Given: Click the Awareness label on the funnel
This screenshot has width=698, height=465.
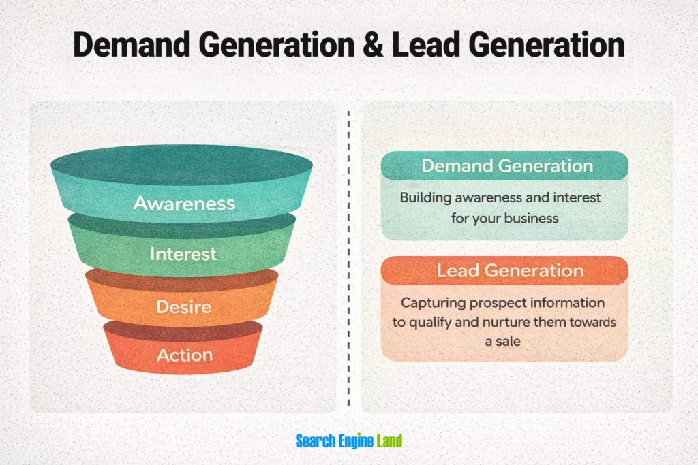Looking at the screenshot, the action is click(x=184, y=203).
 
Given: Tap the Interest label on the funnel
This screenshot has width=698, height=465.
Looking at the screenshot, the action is click(x=183, y=254).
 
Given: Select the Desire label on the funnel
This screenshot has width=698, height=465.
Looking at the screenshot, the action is click(x=183, y=307).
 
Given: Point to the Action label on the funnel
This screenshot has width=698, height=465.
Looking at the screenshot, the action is click(x=185, y=355).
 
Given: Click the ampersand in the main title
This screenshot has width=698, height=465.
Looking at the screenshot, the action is click(x=373, y=45).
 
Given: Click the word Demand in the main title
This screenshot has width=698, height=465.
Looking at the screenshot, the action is click(x=132, y=45).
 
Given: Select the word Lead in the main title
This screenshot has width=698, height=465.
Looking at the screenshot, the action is click(x=425, y=45).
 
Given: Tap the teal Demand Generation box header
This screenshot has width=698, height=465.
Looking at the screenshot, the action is click(x=504, y=166).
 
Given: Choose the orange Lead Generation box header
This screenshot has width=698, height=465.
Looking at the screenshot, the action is click(x=504, y=270).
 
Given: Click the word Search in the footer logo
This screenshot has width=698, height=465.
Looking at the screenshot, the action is click(x=316, y=441).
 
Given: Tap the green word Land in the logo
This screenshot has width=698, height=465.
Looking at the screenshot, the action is click(x=389, y=441).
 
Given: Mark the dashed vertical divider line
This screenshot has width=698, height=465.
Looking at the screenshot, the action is click(x=348, y=258).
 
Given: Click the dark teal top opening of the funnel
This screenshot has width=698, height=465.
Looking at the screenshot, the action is click(x=181, y=165).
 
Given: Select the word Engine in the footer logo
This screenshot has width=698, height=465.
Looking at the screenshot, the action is click(x=356, y=441).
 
